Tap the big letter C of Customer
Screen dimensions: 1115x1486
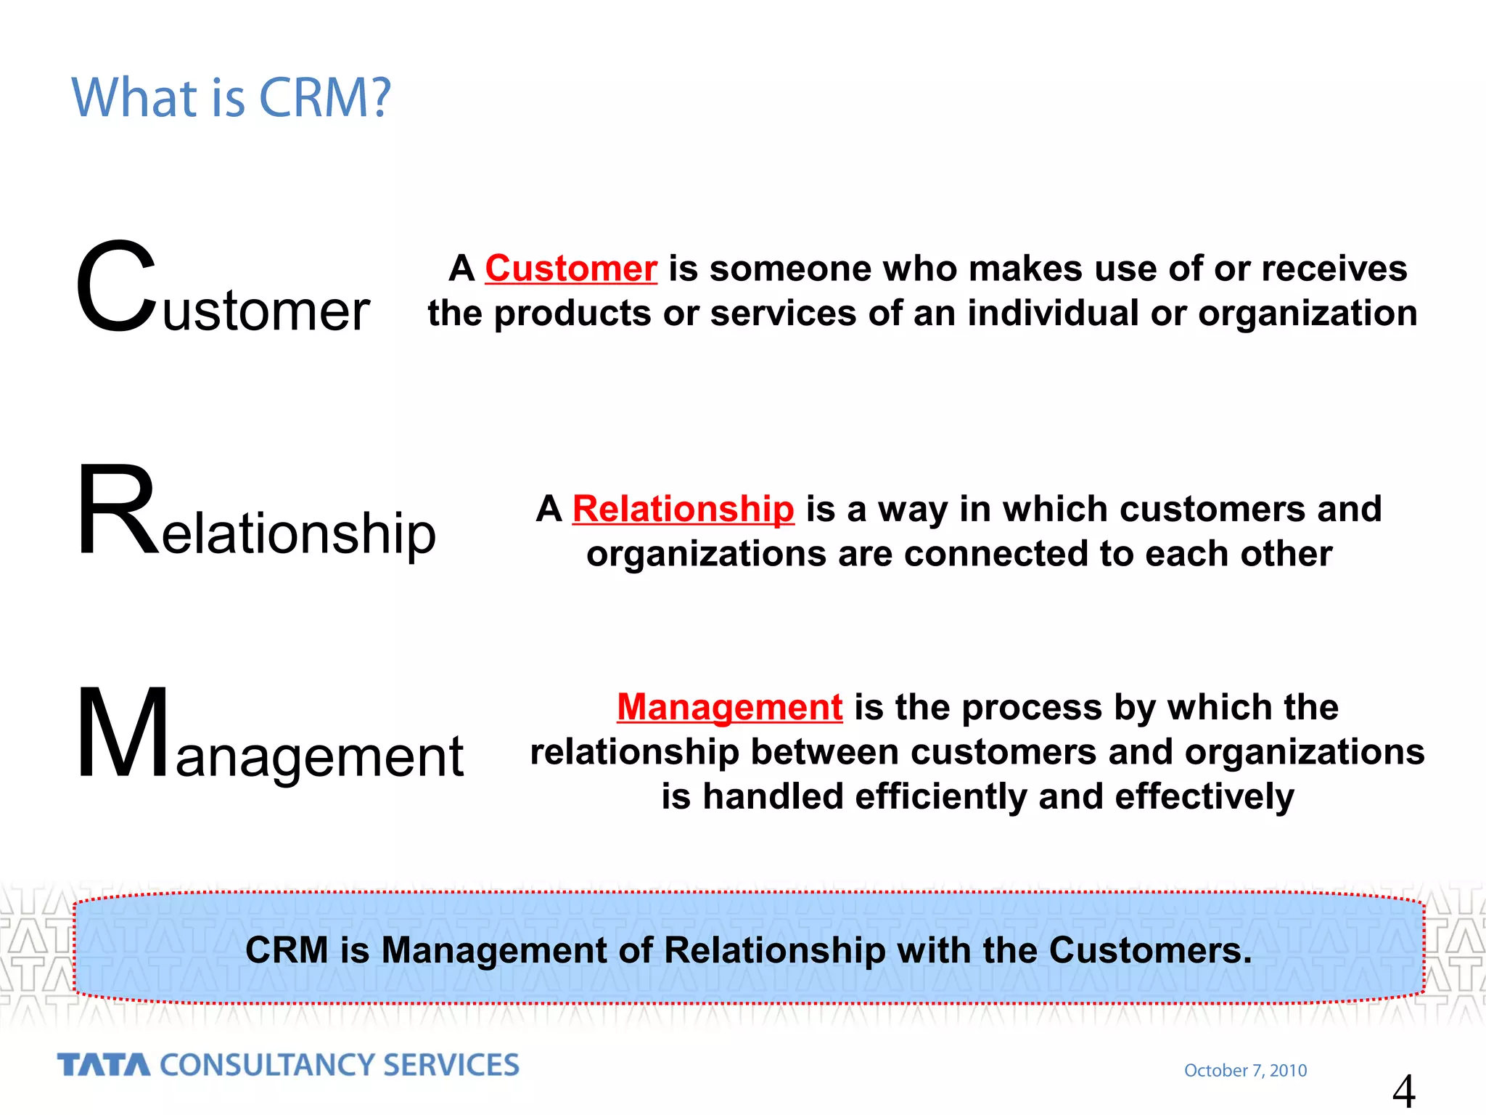tap(116, 287)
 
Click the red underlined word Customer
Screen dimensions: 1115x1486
tap(571, 269)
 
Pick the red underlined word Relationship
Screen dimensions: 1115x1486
tap(683, 509)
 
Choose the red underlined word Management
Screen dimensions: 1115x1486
tap(729, 707)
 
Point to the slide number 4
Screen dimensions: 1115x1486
tap(1403, 1091)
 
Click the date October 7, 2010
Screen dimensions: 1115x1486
tap(1245, 1070)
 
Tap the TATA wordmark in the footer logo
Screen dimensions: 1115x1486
tap(104, 1065)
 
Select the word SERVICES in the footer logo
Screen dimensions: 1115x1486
tap(451, 1065)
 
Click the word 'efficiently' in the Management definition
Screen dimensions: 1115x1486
tap(941, 796)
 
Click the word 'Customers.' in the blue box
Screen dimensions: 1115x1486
tap(1150, 950)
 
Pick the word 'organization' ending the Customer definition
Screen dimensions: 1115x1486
tap(1308, 314)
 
